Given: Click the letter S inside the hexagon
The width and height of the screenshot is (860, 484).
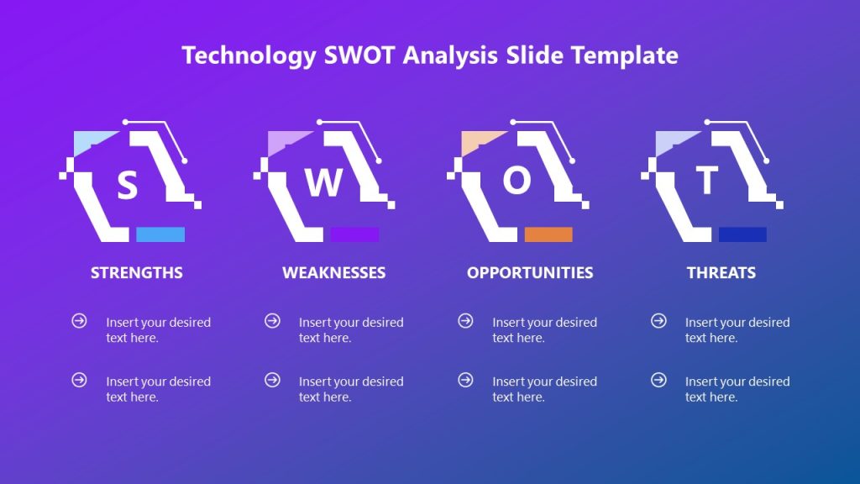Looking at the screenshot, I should tap(127, 185).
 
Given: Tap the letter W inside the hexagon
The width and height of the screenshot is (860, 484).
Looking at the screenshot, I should tap(323, 182).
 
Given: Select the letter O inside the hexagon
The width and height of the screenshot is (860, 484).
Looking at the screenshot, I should tap(517, 181).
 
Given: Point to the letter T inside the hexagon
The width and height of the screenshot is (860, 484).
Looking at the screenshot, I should tap(708, 180).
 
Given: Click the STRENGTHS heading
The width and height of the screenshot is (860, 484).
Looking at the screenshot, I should tap(137, 272).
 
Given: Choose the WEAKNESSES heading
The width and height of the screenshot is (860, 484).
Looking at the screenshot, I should tap(334, 272).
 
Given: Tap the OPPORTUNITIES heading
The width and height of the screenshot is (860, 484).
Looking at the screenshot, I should tap(530, 272).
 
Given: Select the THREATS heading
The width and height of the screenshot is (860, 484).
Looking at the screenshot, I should tap(721, 272).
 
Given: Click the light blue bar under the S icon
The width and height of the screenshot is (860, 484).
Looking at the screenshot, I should tap(160, 234).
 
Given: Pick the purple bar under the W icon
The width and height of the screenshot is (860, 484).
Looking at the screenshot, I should tap(354, 234).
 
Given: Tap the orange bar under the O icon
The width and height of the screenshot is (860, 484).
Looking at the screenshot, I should tap(548, 234).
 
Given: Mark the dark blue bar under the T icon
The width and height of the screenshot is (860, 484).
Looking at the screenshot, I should tap(742, 234).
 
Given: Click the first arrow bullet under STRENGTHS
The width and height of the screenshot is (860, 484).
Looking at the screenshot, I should tap(79, 321).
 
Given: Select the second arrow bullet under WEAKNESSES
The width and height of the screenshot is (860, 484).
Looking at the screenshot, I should tap(272, 380).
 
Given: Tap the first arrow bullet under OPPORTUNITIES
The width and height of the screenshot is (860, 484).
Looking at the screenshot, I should tap(465, 321).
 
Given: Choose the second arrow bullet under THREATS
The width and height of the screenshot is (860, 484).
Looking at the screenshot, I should tap(659, 380).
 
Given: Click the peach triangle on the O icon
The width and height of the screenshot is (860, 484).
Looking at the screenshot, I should tap(477, 140).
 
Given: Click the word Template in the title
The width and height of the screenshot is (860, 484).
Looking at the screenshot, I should tap(625, 55).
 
